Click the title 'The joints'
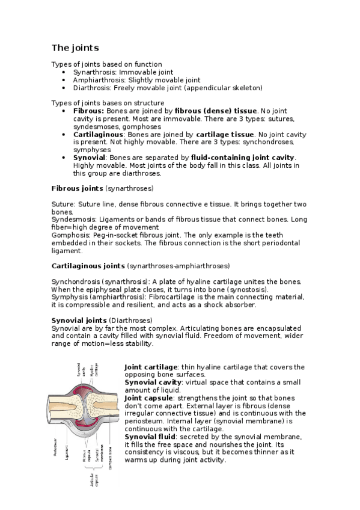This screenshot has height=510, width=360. (75, 47)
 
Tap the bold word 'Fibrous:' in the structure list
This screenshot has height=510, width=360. (88, 111)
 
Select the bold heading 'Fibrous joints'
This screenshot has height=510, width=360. (78, 188)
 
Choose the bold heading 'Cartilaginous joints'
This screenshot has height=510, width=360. (88, 266)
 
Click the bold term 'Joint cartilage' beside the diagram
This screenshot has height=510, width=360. (150, 367)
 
